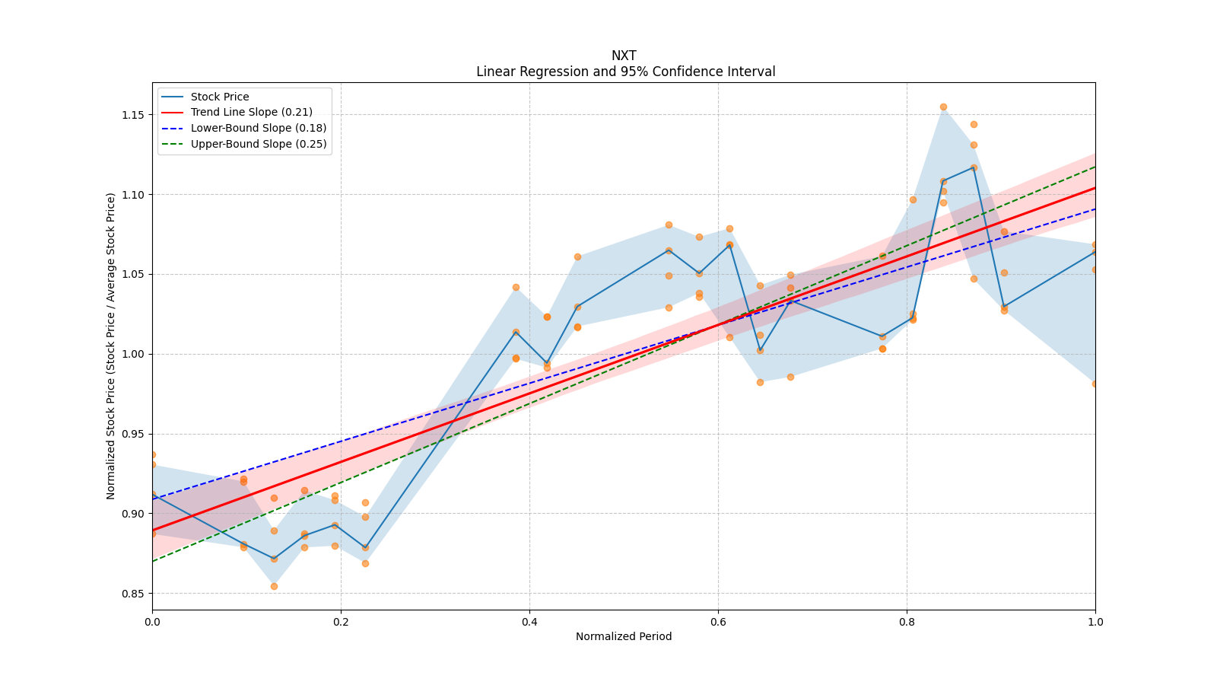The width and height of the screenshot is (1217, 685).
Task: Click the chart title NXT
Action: (x=624, y=56)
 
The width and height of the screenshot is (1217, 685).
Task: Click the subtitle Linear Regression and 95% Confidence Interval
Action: (x=625, y=72)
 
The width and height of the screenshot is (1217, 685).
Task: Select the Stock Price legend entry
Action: (x=220, y=97)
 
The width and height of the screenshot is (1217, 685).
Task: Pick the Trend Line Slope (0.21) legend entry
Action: (x=251, y=113)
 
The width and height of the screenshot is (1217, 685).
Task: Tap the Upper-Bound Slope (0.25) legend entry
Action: (x=258, y=144)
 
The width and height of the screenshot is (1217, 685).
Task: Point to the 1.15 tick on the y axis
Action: (x=134, y=115)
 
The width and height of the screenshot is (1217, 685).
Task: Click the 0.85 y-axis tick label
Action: (x=134, y=594)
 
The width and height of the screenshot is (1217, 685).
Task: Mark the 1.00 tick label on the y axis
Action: (x=134, y=354)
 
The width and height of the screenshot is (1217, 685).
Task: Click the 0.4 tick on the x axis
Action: (x=529, y=622)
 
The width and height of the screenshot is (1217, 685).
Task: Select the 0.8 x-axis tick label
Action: (x=907, y=622)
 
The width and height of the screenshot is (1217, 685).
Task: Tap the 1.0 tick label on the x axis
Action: (x=1095, y=622)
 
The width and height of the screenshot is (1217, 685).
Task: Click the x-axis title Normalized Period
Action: (x=624, y=636)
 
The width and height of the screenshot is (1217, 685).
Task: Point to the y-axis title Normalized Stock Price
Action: (x=111, y=346)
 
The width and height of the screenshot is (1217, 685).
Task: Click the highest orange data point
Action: (x=943, y=107)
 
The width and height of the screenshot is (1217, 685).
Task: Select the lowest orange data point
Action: (x=274, y=586)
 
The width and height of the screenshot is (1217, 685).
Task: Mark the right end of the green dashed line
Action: (x=1095, y=167)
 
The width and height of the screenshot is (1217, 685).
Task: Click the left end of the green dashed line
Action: (x=152, y=561)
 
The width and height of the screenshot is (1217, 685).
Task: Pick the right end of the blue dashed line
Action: (x=1095, y=209)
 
